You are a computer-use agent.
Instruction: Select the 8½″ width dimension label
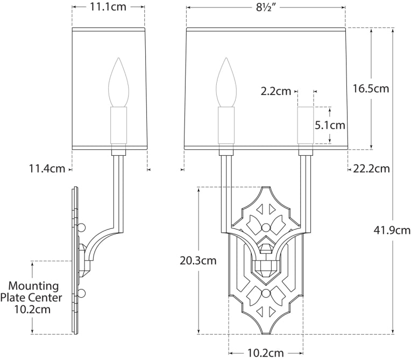click(x=265, y=7)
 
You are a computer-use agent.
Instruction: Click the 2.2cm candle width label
click(x=276, y=91)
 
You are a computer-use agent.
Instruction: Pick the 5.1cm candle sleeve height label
click(x=330, y=125)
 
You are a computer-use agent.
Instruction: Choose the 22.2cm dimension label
click(x=371, y=169)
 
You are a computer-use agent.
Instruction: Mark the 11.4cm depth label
click(x=47, y=169)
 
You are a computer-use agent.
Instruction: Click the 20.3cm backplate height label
click(x=199, y=261)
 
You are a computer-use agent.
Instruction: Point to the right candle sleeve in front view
click(x=306, y=126)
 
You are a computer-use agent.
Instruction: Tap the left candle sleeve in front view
click(x=226, y=126)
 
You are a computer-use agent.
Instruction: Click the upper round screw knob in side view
click(x=82, y=227)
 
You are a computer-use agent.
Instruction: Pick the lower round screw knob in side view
click(x=82, y=293)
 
